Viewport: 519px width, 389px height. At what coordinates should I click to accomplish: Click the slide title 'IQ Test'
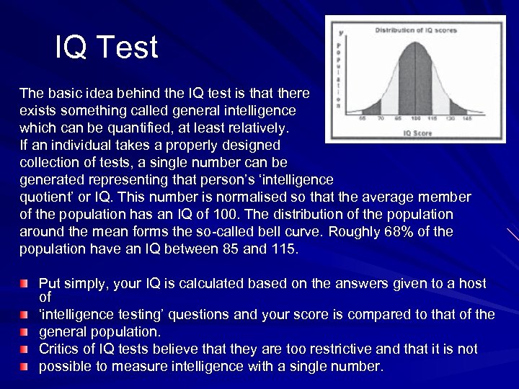[107, 48]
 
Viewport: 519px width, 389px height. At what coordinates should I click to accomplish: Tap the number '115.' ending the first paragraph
[283, 249]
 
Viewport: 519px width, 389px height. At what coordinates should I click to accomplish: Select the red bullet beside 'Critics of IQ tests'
[26, 349]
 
